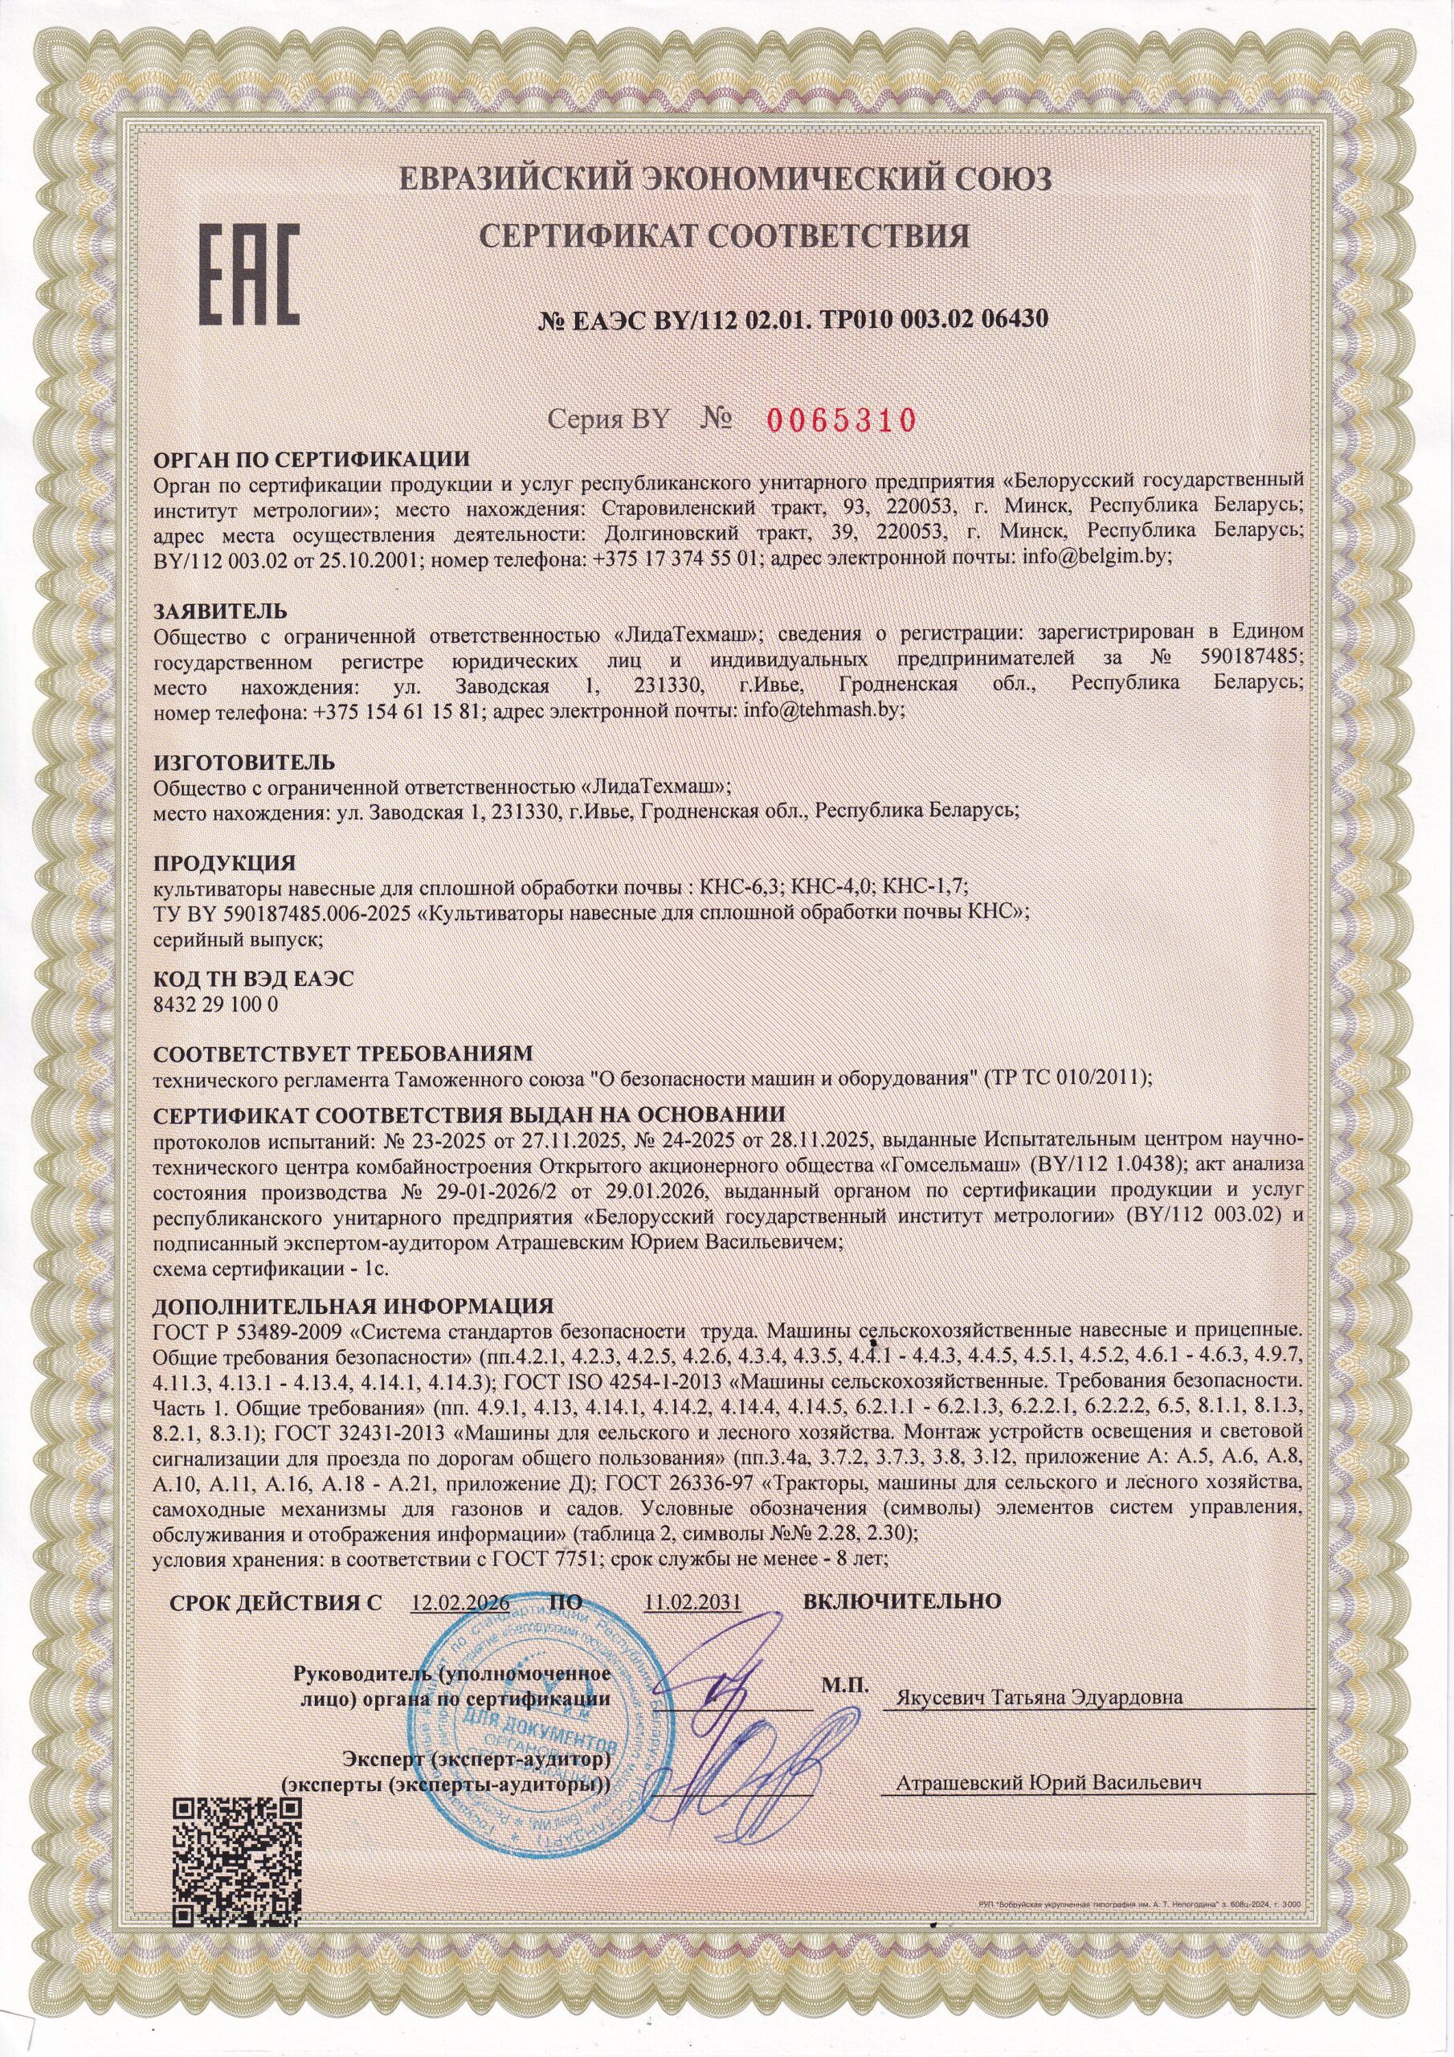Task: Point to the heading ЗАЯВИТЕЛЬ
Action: [x=220, y=612]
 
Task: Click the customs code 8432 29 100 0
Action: [x=216, y=1004]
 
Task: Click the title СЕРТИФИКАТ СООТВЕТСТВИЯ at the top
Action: [x=725, y=236]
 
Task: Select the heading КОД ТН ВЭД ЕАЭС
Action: [x=254, y=979]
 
